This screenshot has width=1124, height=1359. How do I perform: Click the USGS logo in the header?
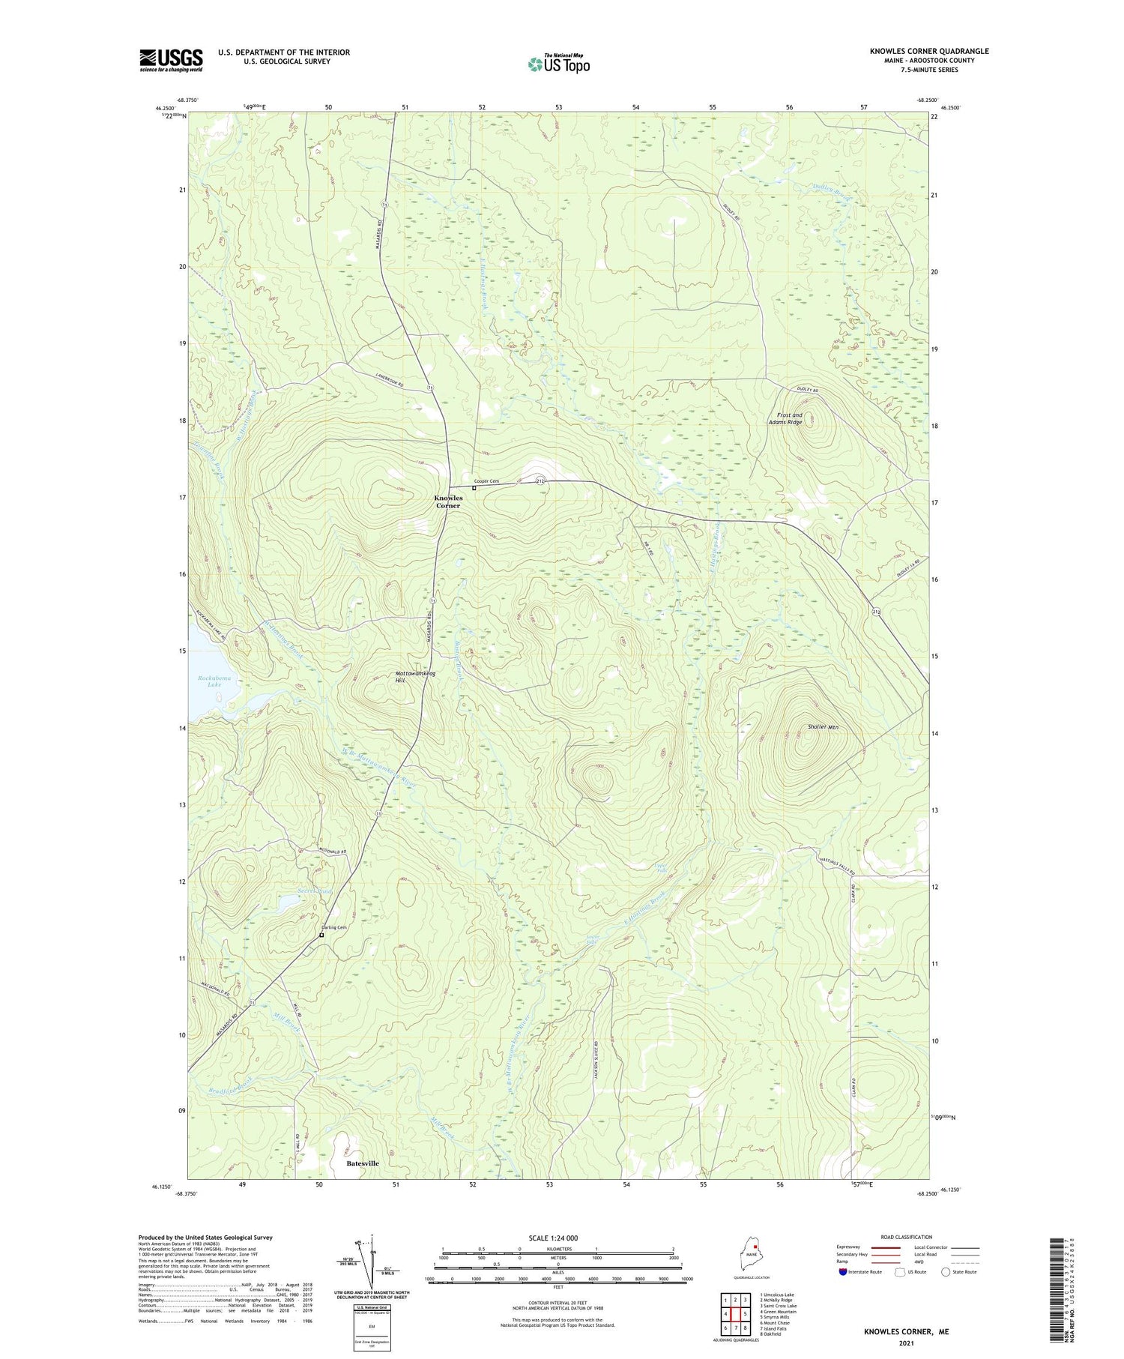171,60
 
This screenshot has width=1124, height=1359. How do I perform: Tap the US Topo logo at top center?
558,64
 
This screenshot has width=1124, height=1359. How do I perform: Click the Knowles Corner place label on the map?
447,501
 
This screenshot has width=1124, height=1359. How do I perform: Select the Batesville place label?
363,1163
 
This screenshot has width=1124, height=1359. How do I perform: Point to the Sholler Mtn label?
823,727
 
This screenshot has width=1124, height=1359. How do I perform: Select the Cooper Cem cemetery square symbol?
474,488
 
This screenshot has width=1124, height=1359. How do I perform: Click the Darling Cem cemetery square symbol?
321,935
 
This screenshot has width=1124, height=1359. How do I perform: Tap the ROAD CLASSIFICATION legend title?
907,1237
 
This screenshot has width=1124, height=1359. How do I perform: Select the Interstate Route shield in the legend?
842,1271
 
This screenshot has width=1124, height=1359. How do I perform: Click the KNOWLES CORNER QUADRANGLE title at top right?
928,51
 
